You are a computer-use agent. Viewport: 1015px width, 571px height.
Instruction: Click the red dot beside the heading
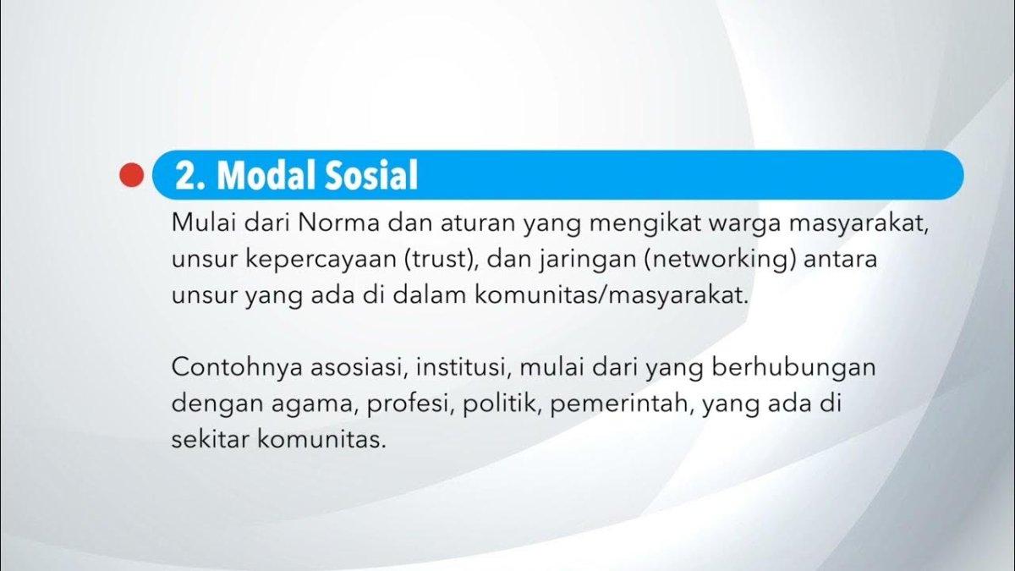132,175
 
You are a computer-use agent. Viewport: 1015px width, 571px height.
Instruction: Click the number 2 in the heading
185,175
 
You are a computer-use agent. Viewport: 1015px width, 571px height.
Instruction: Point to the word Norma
338,223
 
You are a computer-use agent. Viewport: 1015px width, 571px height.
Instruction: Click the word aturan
478,223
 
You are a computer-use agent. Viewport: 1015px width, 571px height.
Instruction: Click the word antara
841,259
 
